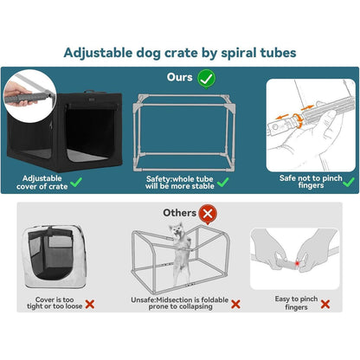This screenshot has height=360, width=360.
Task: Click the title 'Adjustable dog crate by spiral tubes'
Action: pyautogui.click(x=180, y=53)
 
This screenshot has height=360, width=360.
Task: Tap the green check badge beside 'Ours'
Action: pyautogui.click(x=206, y=79)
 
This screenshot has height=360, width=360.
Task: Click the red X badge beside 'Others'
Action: pyautogui.click(x=208, y=215)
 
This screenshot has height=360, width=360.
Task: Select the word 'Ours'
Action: pyautogui.click(x=179, y=77)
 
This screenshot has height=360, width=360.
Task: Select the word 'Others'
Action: pyautogui.click(x=179, y=213)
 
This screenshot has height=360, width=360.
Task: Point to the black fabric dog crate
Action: pyautogui.click(x=65, y=132)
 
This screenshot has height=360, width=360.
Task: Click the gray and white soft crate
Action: pyautogui.click(x=55, y=257)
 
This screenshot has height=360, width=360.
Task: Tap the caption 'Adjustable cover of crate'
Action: pyautogui.click(x=42, y=183)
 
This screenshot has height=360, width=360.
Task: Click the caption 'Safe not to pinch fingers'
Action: pyautogui.click(x=311, y=182)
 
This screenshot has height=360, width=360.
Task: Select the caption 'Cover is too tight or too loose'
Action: pyautogui.click(x=55, y=303)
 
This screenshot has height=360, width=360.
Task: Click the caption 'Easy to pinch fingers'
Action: pyautogui.click(x=296, y=303)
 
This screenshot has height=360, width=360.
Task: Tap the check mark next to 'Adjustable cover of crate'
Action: pyautogui.click(x=76, y=182)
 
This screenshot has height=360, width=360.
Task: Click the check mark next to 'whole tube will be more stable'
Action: pyautogui.click(x=222, y=182)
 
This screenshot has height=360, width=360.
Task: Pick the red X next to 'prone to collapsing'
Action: pyautogui.click(x=235, y=304)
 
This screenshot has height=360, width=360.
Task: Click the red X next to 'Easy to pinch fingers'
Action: pyautogui.click(x=325, y=304)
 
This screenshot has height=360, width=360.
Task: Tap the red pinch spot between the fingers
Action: pyautogui.click(x=297, y=263)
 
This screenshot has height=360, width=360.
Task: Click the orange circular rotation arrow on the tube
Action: pyautogui.click(x=297, y=120)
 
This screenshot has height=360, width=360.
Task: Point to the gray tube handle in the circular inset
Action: pyautogui.click(x=28, y=97)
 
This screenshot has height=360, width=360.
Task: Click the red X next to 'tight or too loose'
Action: pyautogui.click(x=90, y=304)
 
